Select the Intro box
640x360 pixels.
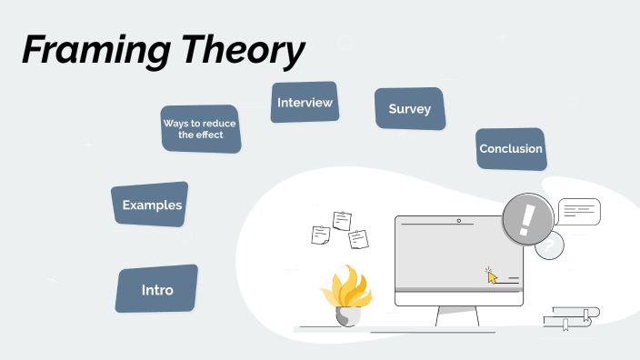157,290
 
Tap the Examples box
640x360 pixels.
152,205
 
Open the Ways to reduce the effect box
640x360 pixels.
200,128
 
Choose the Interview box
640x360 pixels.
305,103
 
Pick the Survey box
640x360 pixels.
409,109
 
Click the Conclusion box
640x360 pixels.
511,148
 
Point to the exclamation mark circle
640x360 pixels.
525,219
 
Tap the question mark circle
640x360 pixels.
549,245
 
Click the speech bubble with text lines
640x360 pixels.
579,213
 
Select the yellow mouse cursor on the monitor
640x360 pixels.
492,276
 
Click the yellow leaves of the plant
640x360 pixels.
345,285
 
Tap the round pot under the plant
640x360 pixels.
348,316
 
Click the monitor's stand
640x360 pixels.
457,315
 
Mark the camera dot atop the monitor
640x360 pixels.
458,221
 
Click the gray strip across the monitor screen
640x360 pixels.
458,290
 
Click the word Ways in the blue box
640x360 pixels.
175,123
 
